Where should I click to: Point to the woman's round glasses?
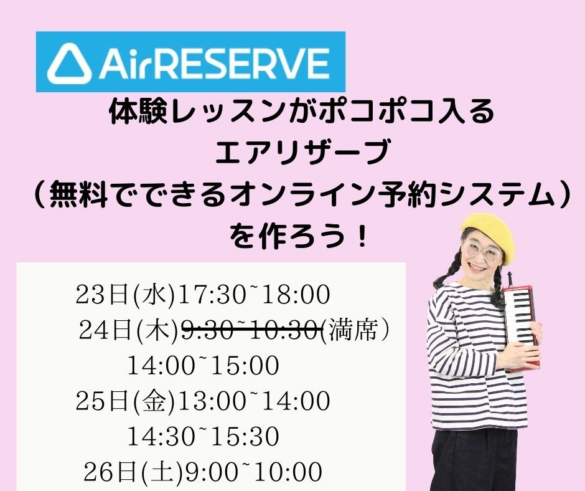click(x=481, y=252)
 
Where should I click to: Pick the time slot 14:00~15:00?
click(x=204, y=366)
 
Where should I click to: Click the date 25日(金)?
click(x=125, y=401)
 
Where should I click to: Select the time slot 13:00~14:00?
click(x=254, y=401)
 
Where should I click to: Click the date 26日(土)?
click(x=133, y=472)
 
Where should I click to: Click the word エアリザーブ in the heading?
click(x=302, y=152)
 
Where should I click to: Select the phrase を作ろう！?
click(x=299, y=236)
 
